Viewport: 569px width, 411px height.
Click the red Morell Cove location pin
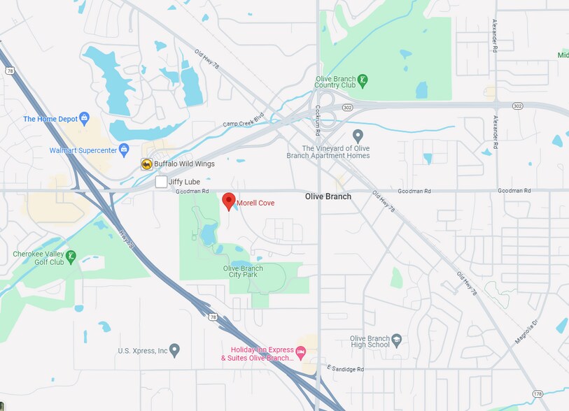[x=228, y=201]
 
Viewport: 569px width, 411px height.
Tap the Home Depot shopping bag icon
[x=85, y=118]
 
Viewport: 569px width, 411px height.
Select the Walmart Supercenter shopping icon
[x=125, y=149]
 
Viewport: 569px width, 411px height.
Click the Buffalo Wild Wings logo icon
[x=146, y=164]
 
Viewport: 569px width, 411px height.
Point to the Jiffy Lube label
[x=184, y=182]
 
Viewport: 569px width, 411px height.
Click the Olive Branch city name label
[x=328, y=196]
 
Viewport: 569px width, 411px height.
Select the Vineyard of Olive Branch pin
[x=358, y=135]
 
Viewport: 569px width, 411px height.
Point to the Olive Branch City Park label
[x=243, y=271]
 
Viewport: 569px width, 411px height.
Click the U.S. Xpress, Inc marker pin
[x=174, y=349]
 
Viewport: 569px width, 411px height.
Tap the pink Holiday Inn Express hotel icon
[x=301, y=350]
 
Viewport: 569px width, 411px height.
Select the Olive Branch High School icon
[x=397, y=340]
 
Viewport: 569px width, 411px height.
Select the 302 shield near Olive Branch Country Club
[x=347, y=108]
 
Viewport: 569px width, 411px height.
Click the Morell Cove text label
[x=255, y=203]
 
